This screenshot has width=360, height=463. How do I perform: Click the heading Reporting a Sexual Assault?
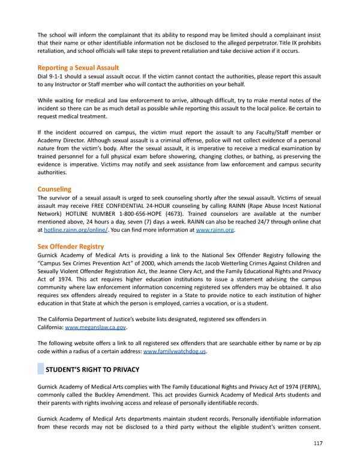tap(78, 68)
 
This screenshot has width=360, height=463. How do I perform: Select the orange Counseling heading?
tap(54, 189)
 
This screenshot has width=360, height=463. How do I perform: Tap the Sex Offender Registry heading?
tap(70, 246)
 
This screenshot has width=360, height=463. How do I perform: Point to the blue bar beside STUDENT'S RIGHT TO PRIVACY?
tap(40, 369)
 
